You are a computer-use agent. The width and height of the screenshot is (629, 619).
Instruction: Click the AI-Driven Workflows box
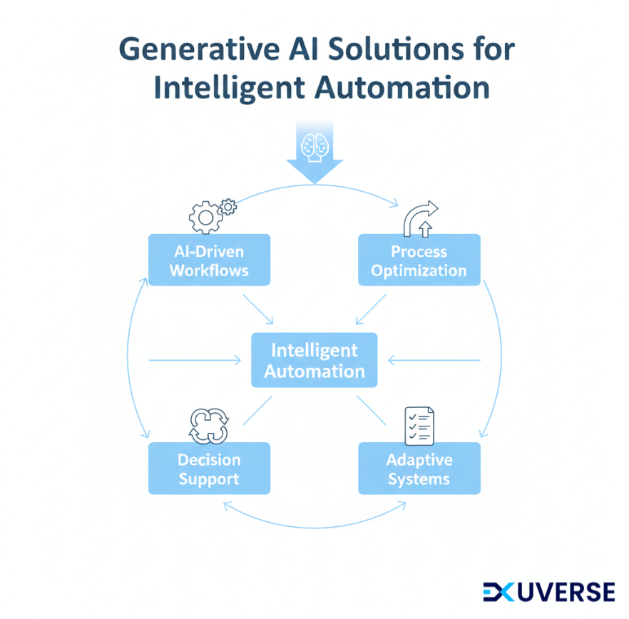click(x=209, y=260)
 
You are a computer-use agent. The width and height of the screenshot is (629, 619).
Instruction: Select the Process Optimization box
click(x=419, y=260)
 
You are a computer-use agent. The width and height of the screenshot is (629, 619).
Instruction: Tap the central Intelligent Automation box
click(x=314, y=361)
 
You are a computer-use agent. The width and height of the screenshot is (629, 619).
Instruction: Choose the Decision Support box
click(x=209, y=469)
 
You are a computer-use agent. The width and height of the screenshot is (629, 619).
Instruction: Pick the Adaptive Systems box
click(x=419, y=469)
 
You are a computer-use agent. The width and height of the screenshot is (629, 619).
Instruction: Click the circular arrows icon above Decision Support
click(x=208, y=426)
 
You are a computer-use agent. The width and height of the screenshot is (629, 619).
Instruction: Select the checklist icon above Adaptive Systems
click(x=419, y=426)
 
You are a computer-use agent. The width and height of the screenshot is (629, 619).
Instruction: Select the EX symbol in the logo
click(x=500, y=592)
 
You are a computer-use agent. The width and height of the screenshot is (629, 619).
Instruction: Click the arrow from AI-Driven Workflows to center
click(x=258, y=308)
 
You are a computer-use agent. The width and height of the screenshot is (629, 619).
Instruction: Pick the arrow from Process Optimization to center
click(x=370, y=308)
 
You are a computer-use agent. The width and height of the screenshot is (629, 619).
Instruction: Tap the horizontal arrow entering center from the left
click(x=195, y=361)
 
